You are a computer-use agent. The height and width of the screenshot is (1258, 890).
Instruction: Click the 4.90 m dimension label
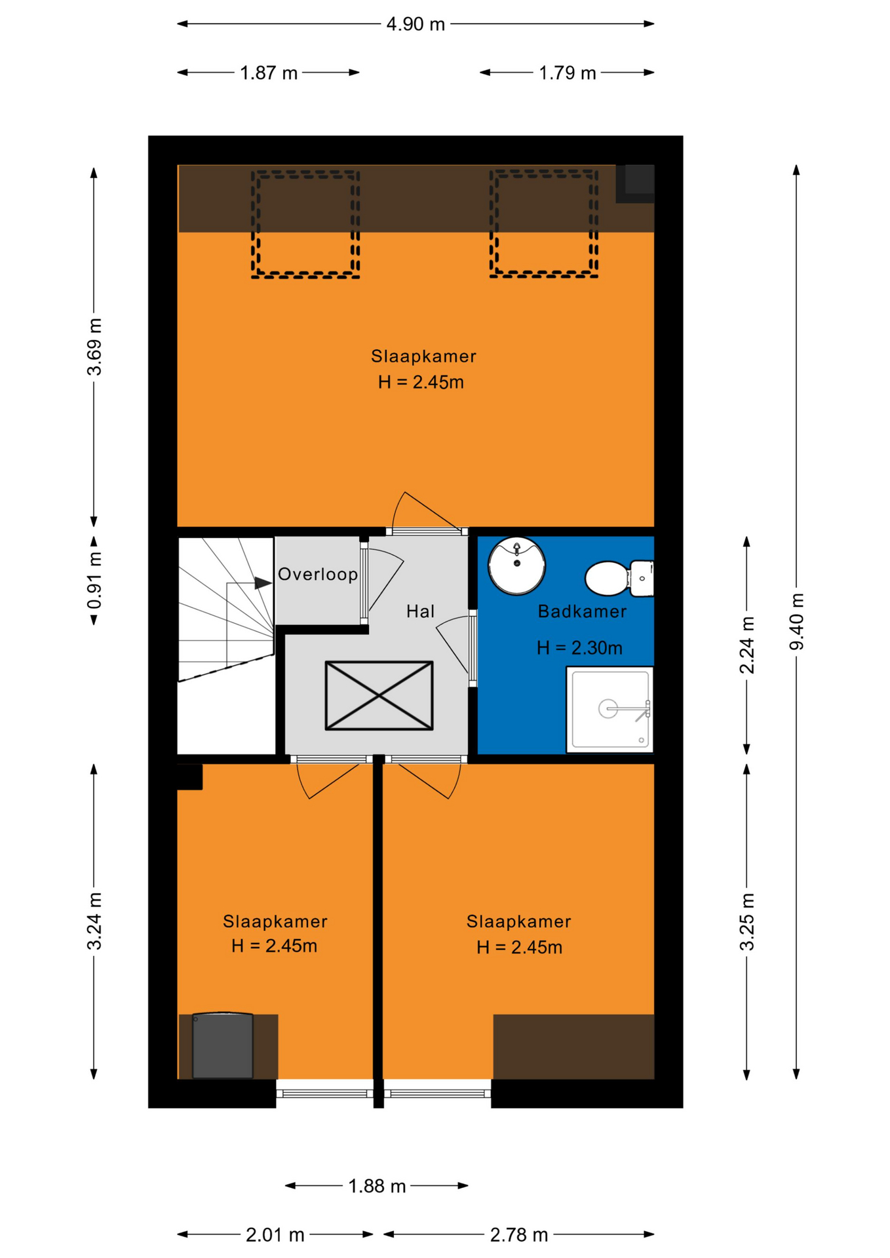pos(416,24)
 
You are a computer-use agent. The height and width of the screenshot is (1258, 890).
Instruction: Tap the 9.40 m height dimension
pos(796,621)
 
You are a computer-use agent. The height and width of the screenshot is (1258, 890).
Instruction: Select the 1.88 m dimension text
pos(377,1186)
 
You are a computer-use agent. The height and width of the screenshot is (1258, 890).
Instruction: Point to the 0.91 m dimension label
pos(94,581)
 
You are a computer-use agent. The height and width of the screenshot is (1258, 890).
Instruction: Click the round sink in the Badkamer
pos(516,565)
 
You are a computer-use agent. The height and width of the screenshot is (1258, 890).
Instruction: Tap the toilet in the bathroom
pos(619,579)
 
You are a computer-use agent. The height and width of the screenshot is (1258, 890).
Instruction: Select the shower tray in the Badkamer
pos(610,710)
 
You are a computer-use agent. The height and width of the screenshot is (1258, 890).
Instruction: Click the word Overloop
pos(318,575)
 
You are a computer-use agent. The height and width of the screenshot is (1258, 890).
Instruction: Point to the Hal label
pos(420,611)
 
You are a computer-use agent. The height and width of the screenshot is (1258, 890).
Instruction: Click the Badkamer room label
pos(582,611)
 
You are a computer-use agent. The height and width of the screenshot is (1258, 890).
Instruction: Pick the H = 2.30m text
pos(579,648)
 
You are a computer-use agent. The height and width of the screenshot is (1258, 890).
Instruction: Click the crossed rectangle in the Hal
pos(379,695)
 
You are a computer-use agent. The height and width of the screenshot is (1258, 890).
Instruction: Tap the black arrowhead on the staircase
pos(263,582)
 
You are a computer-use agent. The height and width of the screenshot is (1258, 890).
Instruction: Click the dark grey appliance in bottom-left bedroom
pos(222,1045)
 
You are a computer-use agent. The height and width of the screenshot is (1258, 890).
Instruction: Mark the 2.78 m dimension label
pos(519,1235)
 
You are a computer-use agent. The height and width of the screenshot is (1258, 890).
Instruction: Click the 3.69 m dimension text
pos(94,347)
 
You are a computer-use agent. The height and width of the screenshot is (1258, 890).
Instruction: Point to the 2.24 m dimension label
pos(747,645)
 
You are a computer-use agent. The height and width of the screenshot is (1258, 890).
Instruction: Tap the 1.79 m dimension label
pos(568,73)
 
